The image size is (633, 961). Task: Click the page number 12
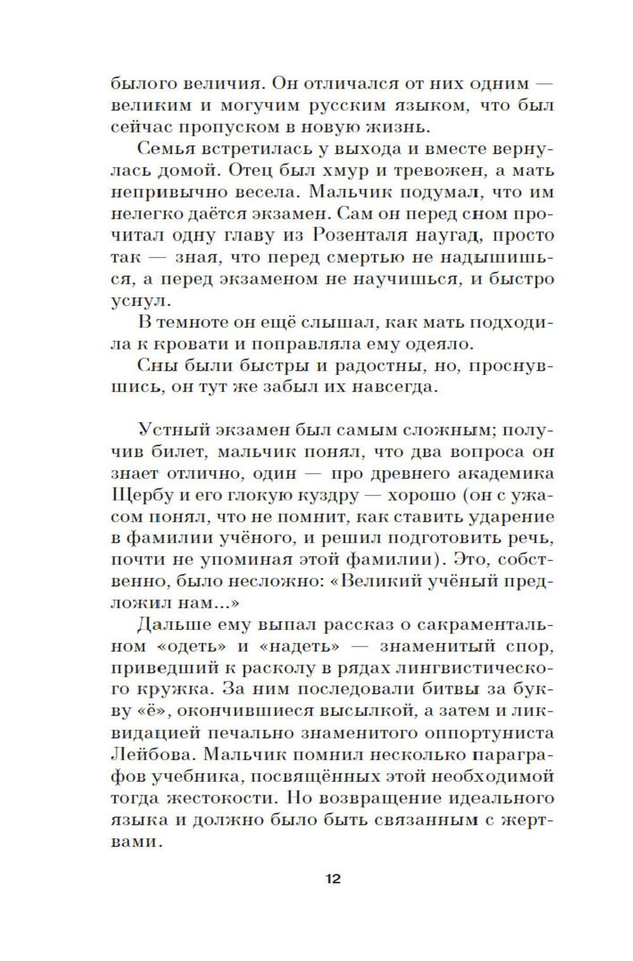(x=333, y=879)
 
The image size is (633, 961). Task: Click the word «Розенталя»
(x=365, y=236)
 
